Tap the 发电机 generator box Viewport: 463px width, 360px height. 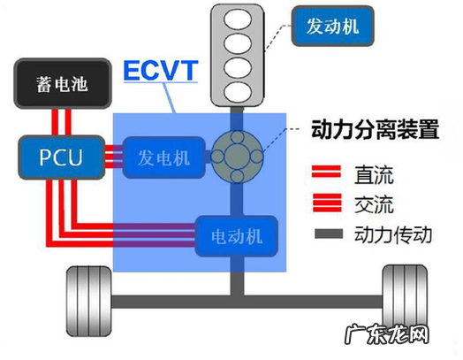[163, 158]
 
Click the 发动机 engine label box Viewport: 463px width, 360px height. [334, 27]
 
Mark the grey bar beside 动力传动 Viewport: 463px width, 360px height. [327, 237]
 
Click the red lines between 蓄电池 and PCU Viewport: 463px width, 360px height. [58, 122]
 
